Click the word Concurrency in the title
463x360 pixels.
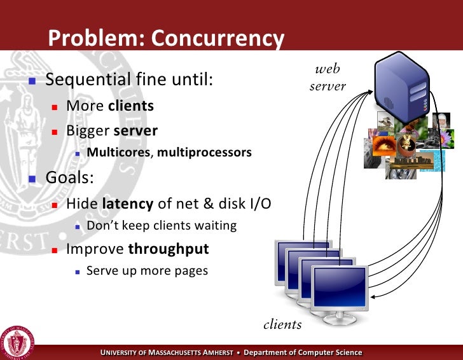pyautogui.click(x=217, y=39)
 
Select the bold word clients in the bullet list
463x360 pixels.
pyautogui.click(x=131, y=106)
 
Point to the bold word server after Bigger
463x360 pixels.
pyautogui.click(x=135, y=130)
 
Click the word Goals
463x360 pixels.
pyautogui.click(x=69, y=177)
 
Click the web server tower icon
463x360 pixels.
pyautogui.click(x=402, y=83)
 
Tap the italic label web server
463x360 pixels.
pyautogui.click(x=328, y=78)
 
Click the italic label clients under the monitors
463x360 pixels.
pyautogui.click(x=282, y=324)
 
